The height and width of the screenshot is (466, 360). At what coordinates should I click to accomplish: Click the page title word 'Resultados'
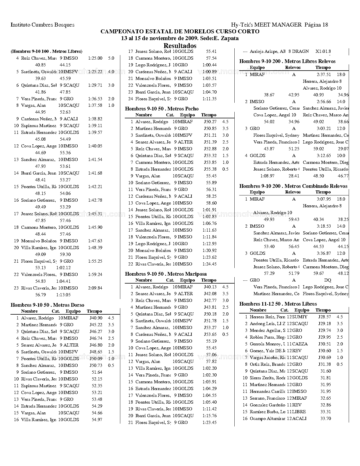tap(180, 46)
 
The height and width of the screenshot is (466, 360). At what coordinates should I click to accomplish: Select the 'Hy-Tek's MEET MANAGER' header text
tap(266, 25)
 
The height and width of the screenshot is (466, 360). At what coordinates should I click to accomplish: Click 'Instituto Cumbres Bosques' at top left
tap(42, 25)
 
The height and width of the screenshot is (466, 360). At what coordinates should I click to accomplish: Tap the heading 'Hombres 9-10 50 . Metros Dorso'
tap(47, 305)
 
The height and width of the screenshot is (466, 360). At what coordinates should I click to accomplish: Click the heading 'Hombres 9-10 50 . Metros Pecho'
tap(162, 109)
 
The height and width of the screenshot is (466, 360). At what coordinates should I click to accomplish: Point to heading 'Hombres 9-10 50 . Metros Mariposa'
tap(166, 274)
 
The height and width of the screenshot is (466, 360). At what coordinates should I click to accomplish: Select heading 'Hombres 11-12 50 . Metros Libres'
tap(278, 304)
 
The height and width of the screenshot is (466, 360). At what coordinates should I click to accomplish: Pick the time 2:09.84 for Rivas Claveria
tap(95, 288)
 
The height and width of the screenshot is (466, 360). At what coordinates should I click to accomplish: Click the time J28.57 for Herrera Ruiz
tap(324, 317)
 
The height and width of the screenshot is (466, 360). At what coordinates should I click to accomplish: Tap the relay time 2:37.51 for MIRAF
tap(324, 75)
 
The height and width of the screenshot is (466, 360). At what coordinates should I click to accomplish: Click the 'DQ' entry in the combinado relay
tap(328, 280)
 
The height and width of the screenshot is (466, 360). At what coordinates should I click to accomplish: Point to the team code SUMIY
tap(300, 317)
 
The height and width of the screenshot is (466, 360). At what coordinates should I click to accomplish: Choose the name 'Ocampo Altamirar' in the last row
tap(267, 419)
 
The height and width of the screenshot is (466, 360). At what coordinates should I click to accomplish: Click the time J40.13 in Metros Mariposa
tap(210, 287)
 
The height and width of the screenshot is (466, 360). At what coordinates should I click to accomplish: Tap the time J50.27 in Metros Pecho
tap(210, 122)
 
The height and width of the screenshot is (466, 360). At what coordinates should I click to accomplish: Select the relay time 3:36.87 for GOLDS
tap(324, 253)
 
